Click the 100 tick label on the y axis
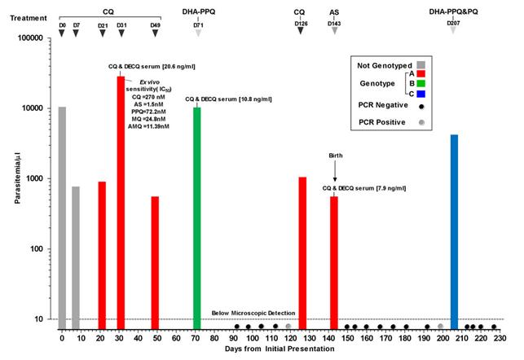click(42, 249)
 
